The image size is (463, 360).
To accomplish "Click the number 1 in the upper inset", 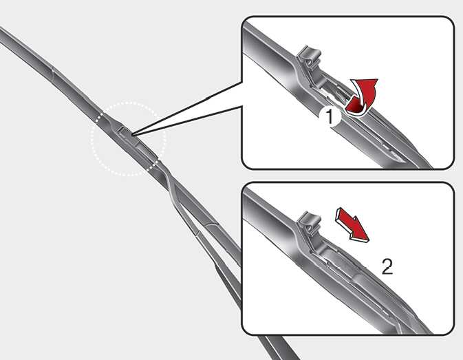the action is click(x=329, y=116).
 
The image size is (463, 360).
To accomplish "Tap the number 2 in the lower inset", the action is click(x=387, y=266).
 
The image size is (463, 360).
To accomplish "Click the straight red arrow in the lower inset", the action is click(x=352, y=224).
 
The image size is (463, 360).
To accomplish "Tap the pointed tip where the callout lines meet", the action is click(x=132, y=136).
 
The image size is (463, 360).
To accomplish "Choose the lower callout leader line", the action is click(x=187, y=121).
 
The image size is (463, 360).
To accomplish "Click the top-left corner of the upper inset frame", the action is click(x=242, y=17).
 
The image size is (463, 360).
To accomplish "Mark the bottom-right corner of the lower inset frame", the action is click(x=454, y=335).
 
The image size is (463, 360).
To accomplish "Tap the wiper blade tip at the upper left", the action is click(x=1, y=29).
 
